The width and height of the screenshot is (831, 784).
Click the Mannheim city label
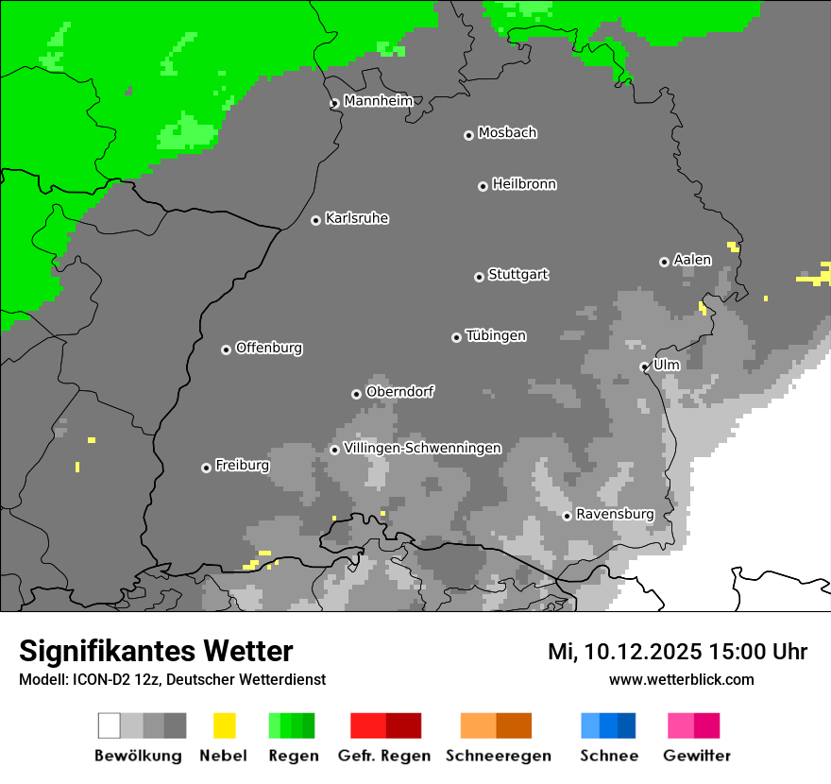378,101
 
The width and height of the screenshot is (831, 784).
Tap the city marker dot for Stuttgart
479,277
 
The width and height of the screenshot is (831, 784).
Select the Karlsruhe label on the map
356,218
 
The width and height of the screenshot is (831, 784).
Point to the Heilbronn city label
524,184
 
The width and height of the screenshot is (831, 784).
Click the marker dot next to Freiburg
206,468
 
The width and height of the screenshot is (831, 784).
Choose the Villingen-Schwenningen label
422,448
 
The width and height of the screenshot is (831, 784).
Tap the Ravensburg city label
615,514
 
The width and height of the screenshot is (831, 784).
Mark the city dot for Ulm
644,367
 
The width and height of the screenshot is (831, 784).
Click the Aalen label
692,260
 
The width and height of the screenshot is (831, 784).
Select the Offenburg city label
268,348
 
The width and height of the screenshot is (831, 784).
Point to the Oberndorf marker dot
356,394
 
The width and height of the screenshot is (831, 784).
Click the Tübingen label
496,335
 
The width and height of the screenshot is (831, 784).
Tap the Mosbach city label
507,133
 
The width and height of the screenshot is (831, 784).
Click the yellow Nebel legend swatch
224,725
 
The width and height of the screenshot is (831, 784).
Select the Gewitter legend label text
697,756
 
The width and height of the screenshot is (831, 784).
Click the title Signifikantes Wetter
156,651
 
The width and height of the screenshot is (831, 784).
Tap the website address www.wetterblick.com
681,679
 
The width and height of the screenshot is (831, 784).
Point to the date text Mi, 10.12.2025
623,652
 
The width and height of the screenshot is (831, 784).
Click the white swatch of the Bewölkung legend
110,725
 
